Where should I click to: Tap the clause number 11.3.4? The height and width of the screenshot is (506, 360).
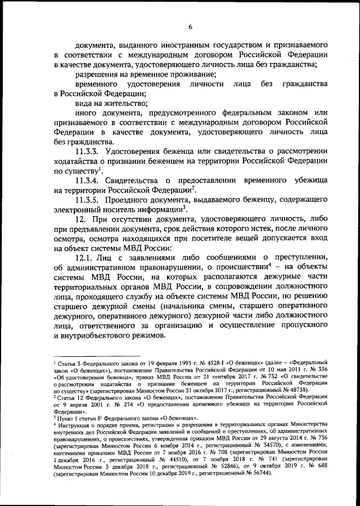pos(90,181)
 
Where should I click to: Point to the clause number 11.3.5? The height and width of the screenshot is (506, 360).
pos(90,201)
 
